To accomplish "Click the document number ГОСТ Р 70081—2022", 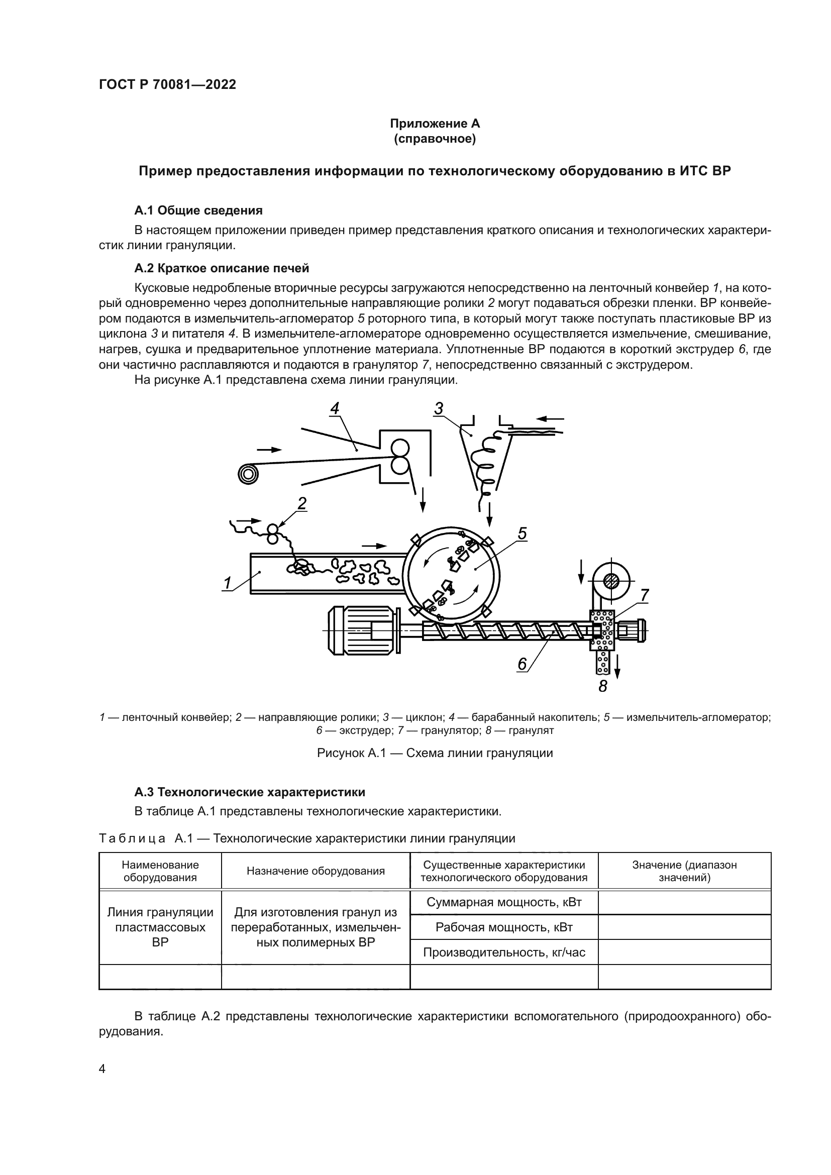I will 167,84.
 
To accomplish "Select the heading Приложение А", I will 435,124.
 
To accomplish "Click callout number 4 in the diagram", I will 334,408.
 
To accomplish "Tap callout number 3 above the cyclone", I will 439,408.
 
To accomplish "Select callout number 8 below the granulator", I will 603,686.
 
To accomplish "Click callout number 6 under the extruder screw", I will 522,664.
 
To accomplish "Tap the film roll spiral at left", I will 248,474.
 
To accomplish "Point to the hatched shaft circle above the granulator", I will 610,581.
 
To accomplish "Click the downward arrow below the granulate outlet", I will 617,666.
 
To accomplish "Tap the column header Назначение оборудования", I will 315,871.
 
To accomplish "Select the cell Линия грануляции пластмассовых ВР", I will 160,927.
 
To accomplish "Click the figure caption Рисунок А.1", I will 435,753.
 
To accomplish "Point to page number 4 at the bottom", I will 102,1069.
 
